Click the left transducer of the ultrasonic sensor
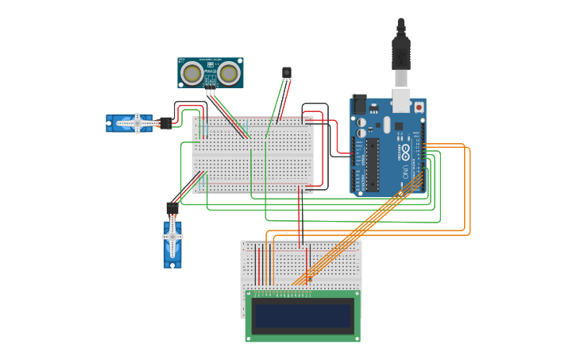click(191, 74)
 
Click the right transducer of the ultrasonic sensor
click(230, 74)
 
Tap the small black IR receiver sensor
click(287, 72)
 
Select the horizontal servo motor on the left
click(130, 122)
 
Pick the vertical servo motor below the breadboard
click(172, 243)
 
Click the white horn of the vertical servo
click(172, 236)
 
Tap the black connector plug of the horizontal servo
click(165, 122)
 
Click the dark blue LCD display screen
click(302, 315)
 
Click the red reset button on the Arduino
click(419, 105)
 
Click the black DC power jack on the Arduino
click(359, 104)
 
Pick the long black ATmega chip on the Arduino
click(372, 165)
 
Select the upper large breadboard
click(253, 155)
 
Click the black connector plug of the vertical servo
click(172, 208)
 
